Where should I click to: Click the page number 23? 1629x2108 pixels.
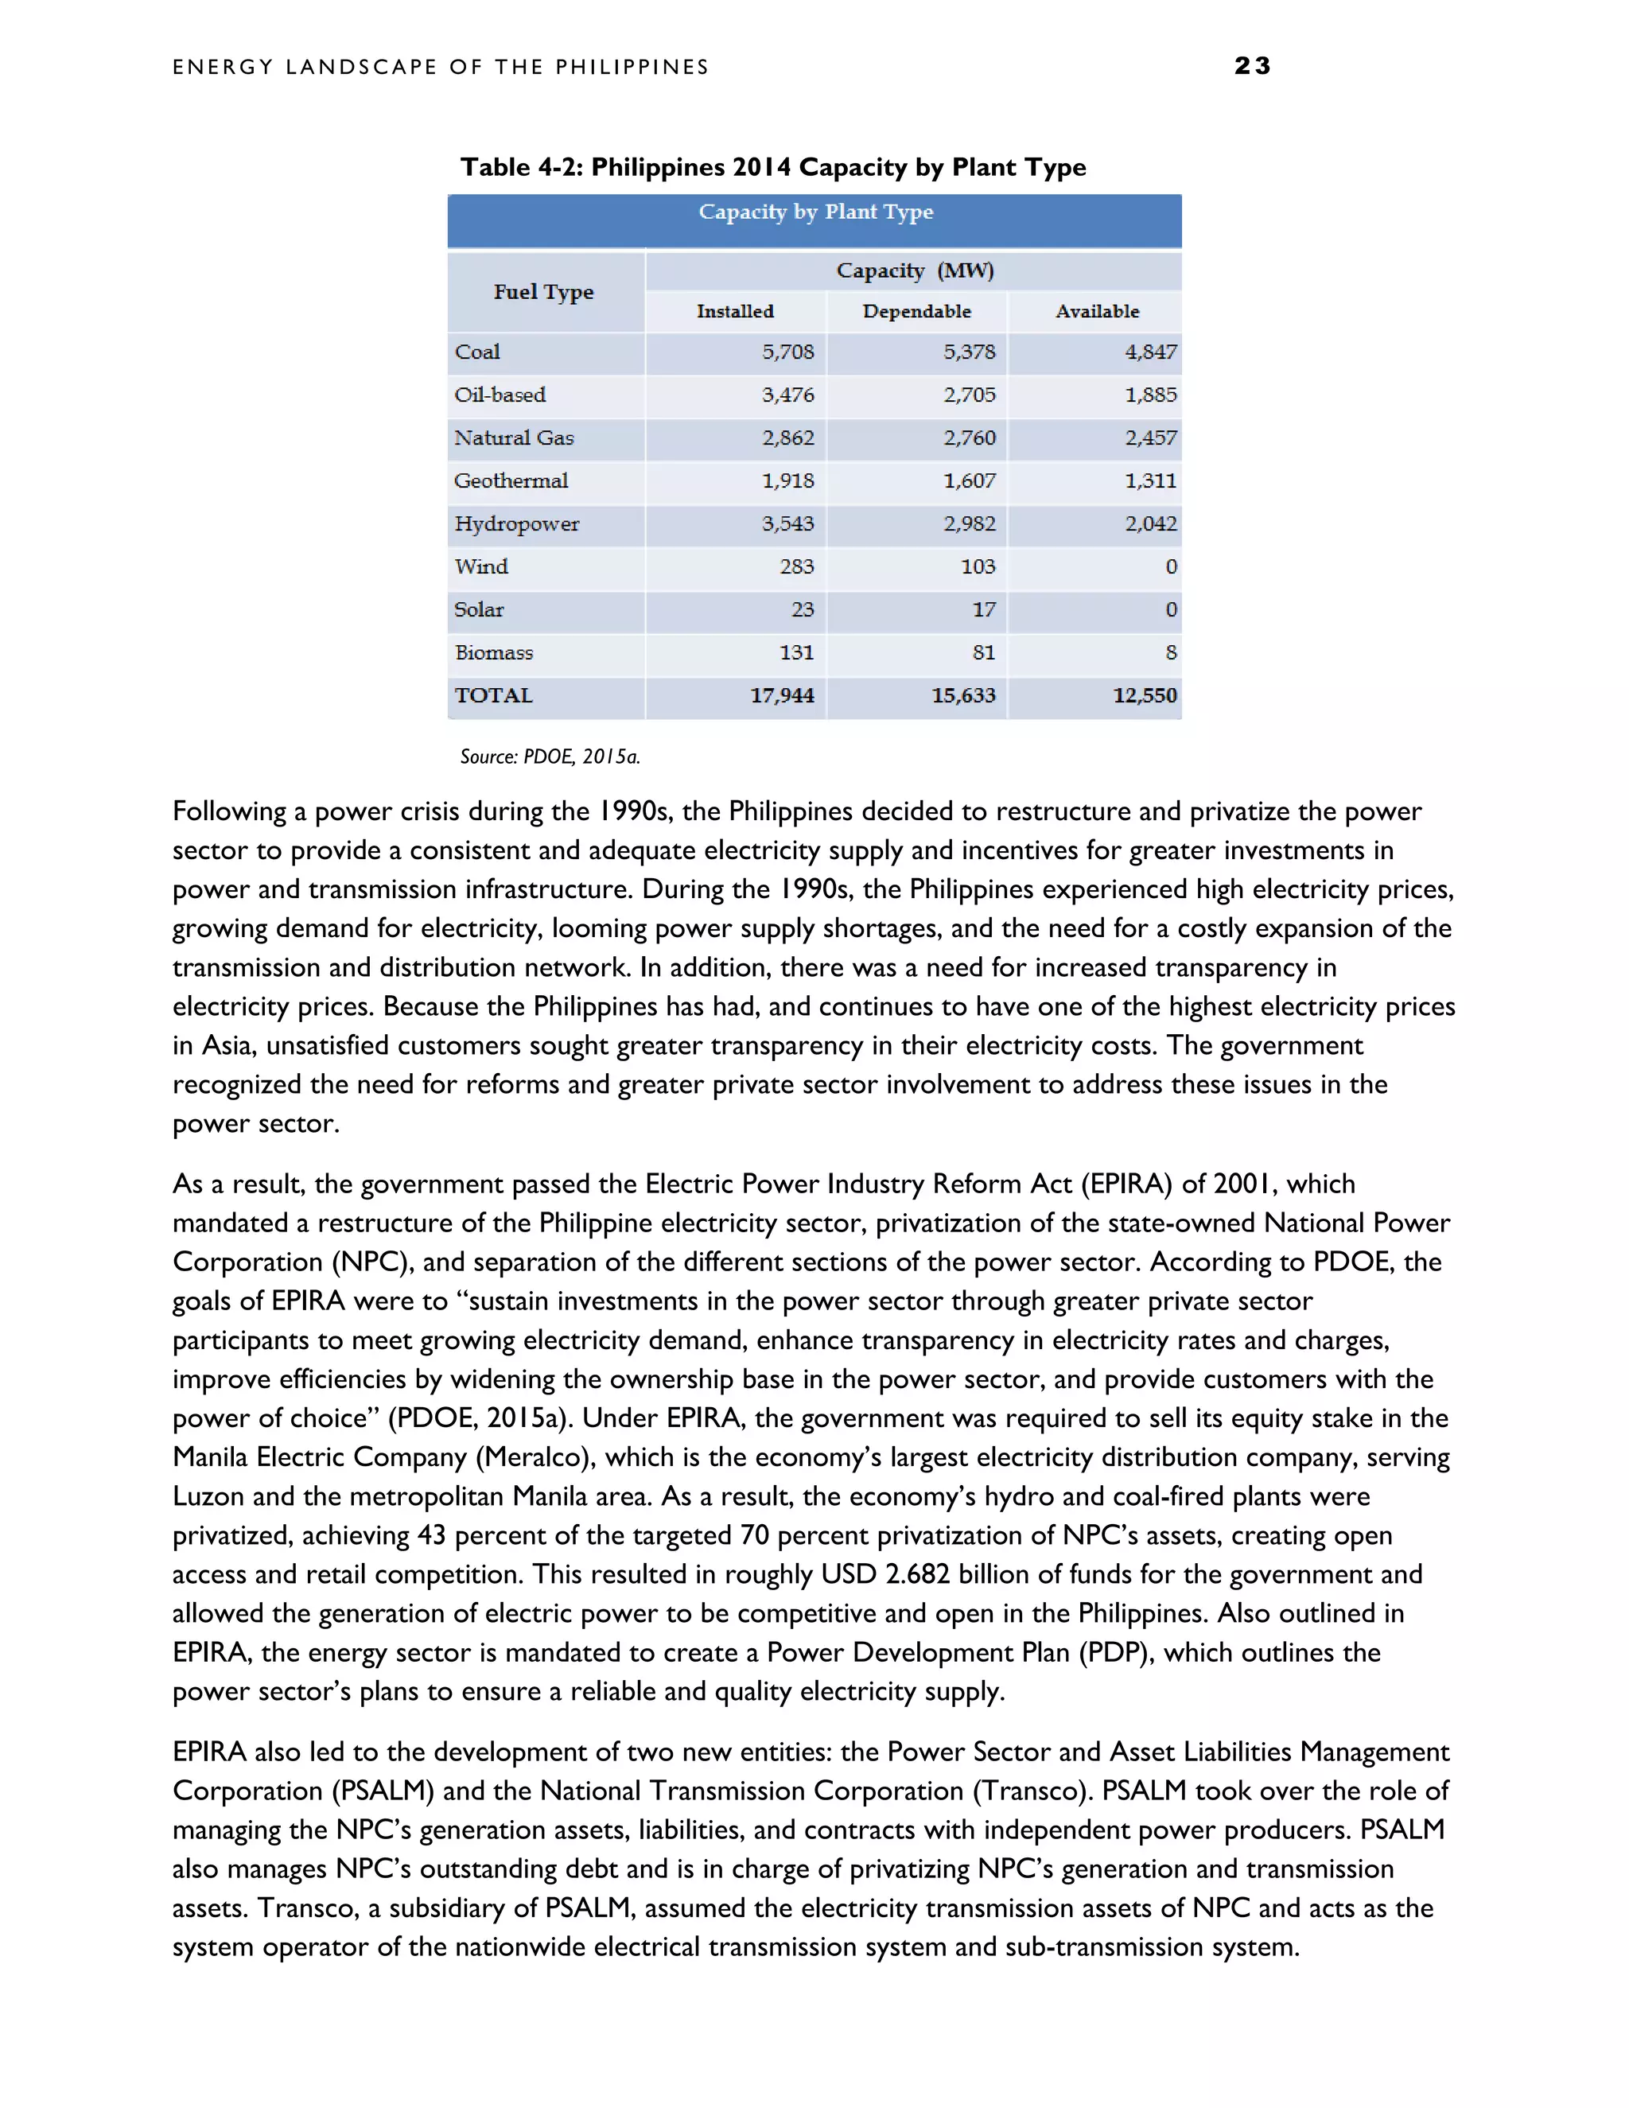(1252, 66)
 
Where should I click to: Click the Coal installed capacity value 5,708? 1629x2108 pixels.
(787, 352)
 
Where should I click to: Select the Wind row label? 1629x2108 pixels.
(481, 566)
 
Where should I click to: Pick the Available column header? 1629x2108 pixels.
(1096, 312)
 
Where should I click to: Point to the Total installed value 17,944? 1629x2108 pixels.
(782, 696)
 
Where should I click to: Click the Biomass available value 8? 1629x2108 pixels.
(1171, 652)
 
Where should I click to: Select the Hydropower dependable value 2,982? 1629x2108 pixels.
(969, 524)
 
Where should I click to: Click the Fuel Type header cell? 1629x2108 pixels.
(543, 291)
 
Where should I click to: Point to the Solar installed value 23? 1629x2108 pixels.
(802, 610)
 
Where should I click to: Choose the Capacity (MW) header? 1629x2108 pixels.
(914, 270)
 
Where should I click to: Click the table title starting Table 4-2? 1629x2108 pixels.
(772, 167)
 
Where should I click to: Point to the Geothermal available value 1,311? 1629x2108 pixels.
(1150, 480)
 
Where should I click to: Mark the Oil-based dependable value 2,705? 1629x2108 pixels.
(969, 395)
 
